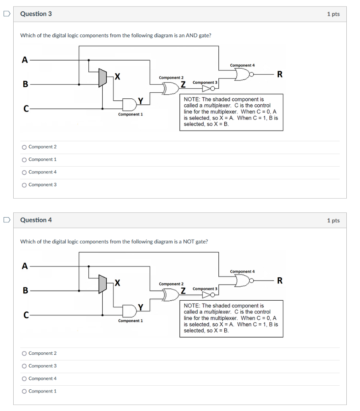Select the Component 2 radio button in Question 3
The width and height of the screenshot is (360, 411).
point(24,147)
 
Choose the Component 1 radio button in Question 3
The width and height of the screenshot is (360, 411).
point(24,160)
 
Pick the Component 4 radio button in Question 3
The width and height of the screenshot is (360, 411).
point(24,172)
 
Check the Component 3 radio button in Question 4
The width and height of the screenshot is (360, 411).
point(24,366)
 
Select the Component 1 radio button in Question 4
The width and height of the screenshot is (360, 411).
point(24,391)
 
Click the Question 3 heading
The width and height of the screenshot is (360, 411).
point(36,14)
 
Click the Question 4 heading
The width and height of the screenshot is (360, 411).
point(36,220)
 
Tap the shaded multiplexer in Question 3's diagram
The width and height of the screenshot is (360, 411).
point(103,77)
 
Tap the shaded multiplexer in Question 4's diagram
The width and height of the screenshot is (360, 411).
point(103,284)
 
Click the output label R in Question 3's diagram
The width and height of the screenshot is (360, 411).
point(279,74)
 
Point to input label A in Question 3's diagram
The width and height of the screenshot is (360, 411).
point(25,60)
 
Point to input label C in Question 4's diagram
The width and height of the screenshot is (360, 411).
point(25,315)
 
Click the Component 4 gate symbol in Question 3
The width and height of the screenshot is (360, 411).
point(242,74)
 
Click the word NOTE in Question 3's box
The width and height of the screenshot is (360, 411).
point(191,99)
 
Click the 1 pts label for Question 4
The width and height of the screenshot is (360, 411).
point(333,220)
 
